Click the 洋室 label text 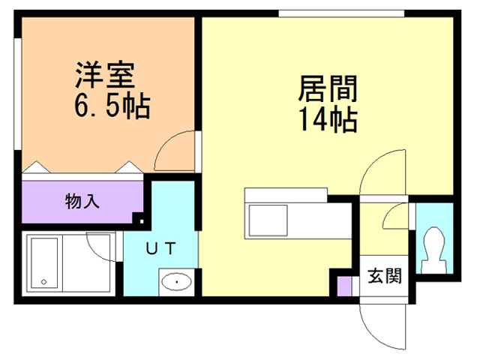[x=104, y=76]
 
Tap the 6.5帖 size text [x=112, y=106]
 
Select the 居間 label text [x=328, y=89]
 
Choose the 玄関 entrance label [x=384, y=276]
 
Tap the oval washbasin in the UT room [x=176, y=282]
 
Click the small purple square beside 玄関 [x=343, y=286]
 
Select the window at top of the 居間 [x=341, y=12]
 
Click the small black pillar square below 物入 [x=137, y=219]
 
